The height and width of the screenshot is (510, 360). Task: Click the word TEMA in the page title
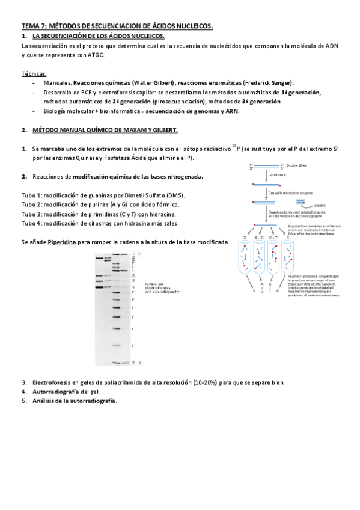(x=30, y=27)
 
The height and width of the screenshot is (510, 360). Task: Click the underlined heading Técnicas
(x=33, y=73)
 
